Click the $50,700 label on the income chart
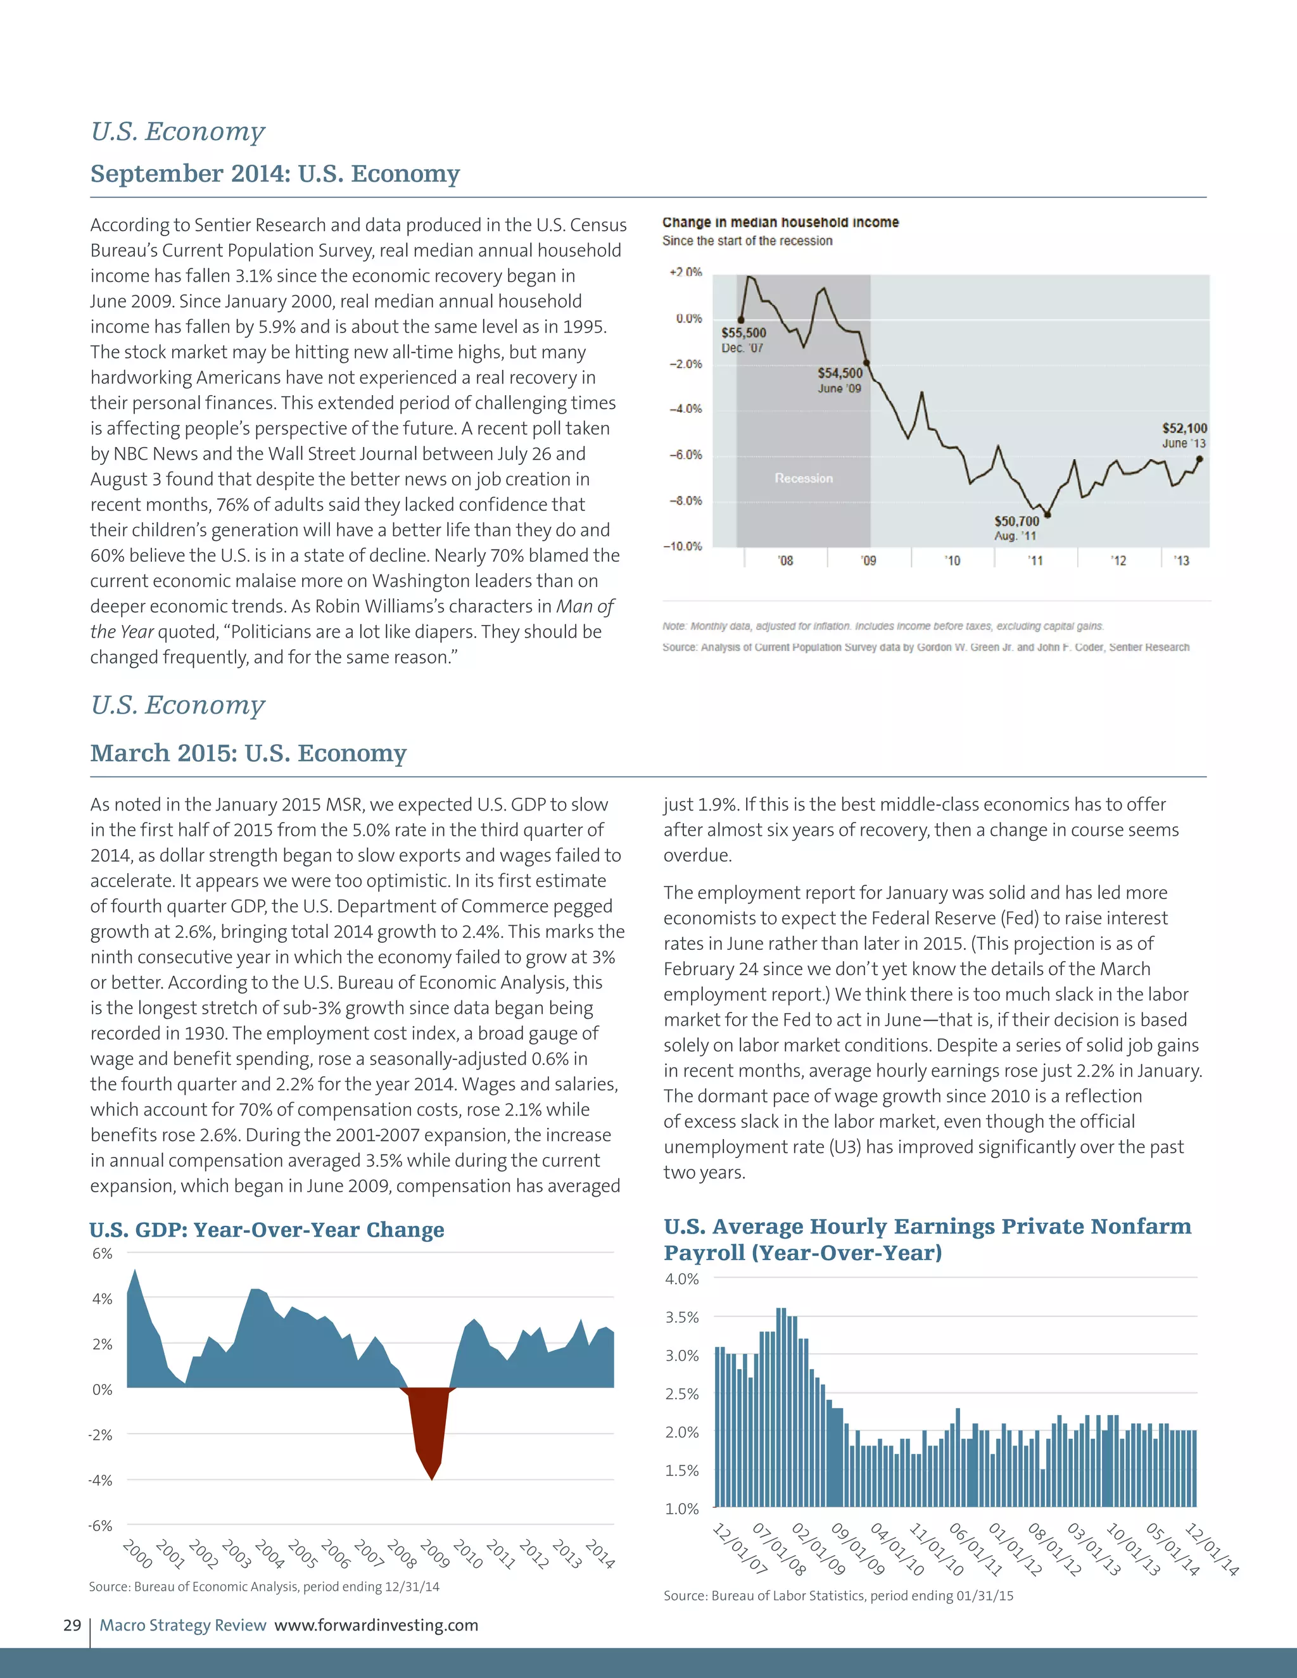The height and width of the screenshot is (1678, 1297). point(1016,521)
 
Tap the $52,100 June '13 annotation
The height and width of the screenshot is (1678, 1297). point(1184,435)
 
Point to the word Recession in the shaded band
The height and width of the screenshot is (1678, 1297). point(804,478)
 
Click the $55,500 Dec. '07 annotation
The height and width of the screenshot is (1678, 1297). point(743,339)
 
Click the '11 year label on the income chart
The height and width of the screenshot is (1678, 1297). point(1035,561)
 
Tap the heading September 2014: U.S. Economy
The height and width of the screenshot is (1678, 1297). point(275,173)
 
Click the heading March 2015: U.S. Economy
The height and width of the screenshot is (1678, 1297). point(248,753)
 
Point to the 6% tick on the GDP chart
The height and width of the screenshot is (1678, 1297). point(102,1253)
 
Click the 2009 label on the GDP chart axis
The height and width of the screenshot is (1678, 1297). point(434,1553)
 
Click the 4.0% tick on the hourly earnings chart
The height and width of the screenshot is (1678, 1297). point(681,1279)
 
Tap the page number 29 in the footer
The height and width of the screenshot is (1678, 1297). point(72,1625)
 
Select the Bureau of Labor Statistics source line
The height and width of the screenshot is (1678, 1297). point(838,1596)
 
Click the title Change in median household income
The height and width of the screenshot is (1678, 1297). point(780,222)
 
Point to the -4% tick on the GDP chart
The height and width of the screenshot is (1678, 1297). point(101,1480)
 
